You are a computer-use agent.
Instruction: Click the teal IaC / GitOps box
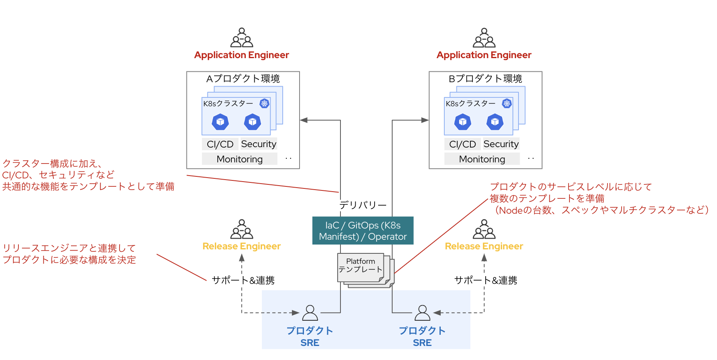(x=363, y=231)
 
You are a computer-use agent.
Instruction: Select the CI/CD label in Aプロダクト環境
(x=220, y=144)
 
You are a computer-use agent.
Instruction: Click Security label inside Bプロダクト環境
(x=501, y=144)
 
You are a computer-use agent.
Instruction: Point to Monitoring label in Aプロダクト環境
(x=239, y=159)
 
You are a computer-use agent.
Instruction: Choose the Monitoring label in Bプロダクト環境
(x=482, y=159)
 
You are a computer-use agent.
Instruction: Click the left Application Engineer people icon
(x=241, y=38)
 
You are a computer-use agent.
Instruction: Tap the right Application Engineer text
(x=484, y=55)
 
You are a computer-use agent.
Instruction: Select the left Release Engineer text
(x=241, y=246)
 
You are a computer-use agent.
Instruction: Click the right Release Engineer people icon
(x=484, y=229)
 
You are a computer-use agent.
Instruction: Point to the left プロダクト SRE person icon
(x=310, y=313)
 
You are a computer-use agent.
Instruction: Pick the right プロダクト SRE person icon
(x=422, y=313)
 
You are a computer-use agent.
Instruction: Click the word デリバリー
(x=363, y=205)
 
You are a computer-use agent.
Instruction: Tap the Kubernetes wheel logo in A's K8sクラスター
(x=264, y=103)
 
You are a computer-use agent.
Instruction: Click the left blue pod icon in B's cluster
(x=463, y=122)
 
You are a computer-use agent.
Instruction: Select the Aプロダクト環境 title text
(x=243, y=79)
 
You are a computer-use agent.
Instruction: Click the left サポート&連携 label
(x=243, y=280)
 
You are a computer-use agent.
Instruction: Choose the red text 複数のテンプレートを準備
(x=547, y=198)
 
